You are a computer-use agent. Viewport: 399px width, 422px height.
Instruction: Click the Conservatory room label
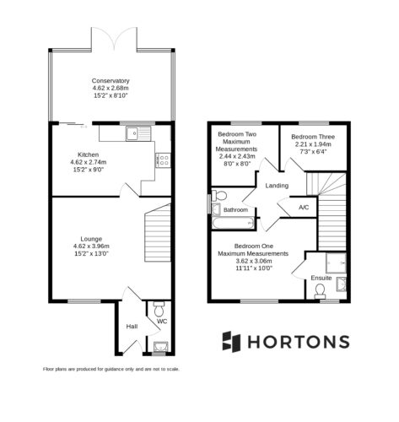point(111,81)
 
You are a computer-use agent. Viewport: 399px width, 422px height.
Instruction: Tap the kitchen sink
point(138,133)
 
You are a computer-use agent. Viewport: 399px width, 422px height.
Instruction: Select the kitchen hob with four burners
point(163,160)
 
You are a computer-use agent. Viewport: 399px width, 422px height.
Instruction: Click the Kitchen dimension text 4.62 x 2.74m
point(89,162)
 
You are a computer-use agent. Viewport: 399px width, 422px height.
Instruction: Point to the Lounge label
point(91,239)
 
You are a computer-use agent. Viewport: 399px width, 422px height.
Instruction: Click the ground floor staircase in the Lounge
point(158,233)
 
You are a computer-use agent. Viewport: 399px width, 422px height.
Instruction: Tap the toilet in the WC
point(159,309)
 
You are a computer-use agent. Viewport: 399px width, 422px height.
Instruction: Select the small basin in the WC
point(161,346)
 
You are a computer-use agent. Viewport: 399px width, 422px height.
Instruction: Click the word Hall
point(132,327)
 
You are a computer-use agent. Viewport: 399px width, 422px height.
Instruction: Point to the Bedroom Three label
point(313,137)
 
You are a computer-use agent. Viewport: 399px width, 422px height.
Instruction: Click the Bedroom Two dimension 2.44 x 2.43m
point(237,156)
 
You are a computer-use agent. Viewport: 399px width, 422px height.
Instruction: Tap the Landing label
point(277,186)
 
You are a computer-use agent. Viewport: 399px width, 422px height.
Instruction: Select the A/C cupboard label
point(304,208)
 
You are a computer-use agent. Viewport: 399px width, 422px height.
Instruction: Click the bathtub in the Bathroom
point(234,224)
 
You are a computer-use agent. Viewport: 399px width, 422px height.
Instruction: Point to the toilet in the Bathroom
point(219,195)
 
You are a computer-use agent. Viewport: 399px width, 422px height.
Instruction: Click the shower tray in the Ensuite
point(336,262)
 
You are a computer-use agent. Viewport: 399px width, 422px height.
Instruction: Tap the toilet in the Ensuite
point(320,291)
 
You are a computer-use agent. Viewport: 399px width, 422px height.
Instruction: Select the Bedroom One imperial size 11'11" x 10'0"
point(254,268)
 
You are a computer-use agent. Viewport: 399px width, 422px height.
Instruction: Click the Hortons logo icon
point(231,342)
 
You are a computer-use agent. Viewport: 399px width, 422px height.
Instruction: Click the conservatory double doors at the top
point(114,38)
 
